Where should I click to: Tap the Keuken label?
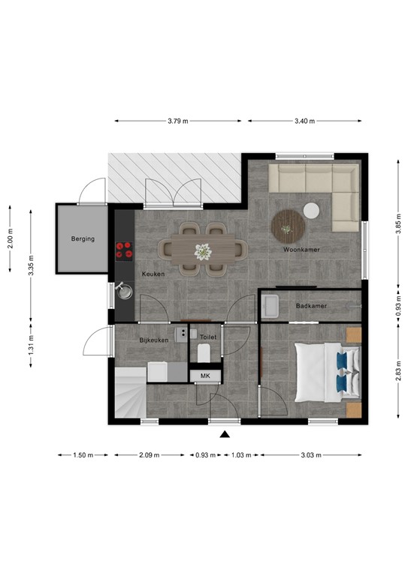click(x=153, y=275)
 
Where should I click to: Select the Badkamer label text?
click(x=310, y=306)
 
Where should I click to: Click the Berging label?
click(x=83, y=239)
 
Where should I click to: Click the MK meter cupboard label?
click(x=204, y=375)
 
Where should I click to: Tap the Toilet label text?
click(x=209, y=337)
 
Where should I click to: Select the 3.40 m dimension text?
click(x=304, y=121)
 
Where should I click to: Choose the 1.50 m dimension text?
click(x=83, y=455)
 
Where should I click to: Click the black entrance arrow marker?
click(x=223, y=434)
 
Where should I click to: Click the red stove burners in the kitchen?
click(x=122, y=250)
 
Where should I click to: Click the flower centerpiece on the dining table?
click(x=201, y=251)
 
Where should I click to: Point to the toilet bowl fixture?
click(x=204, y=353)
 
